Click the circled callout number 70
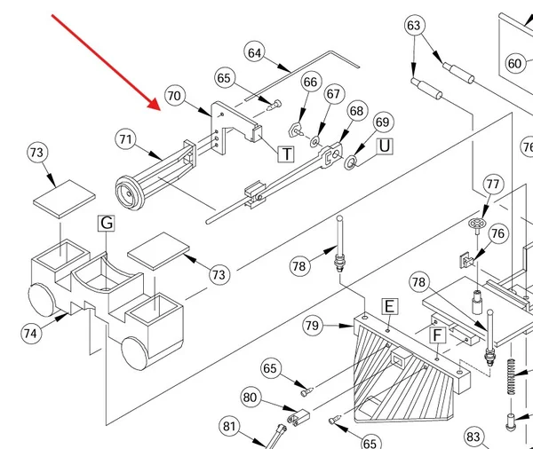(175, 96)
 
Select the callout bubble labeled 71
(126, 139)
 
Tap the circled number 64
(255, 53)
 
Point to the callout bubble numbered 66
(310, 83)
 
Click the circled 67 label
(334, 94)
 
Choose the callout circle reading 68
(356, 111)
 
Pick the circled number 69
(383, 122)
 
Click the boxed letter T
(287, 154)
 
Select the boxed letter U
(385, 146)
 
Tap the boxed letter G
(107, 223)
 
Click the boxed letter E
(390, 307)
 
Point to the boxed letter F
(438, 335)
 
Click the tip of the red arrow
(161, 111)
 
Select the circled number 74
(30, 333)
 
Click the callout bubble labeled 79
(313, 326)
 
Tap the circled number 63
(414, 26)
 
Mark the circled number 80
(251, 398)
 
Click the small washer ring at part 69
(351, 163)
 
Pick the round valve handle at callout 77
(478, 224)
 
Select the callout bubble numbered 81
(229, 426)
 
